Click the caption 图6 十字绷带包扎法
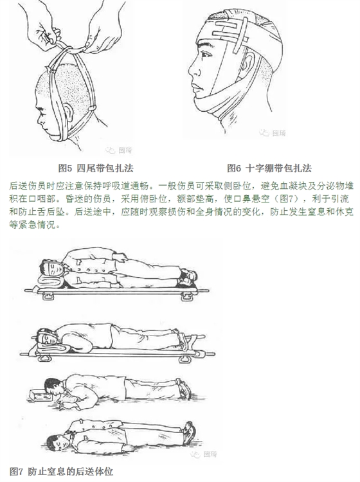pos(269,168)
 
